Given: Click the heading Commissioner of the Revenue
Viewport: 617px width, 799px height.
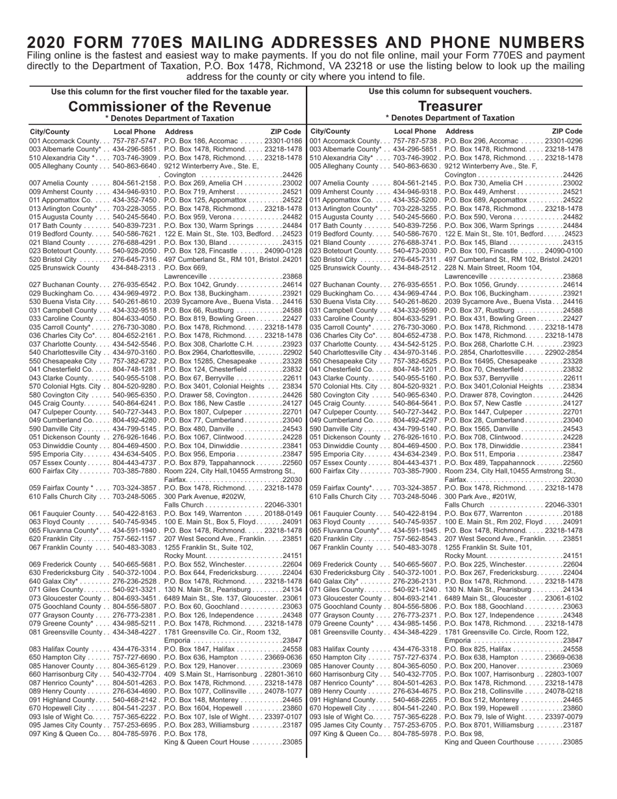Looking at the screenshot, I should coord(170,107).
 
